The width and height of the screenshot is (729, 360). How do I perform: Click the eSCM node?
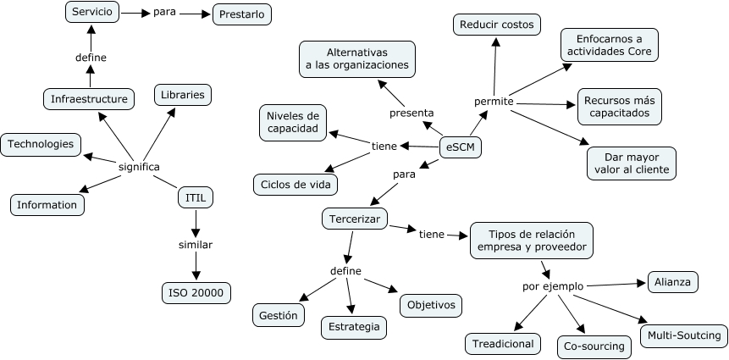pyautogui.click(x=461, y=148)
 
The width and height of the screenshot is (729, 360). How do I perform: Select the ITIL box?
pyautogui.click(x=196, y=198)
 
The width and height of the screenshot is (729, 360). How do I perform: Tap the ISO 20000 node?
pyautogui.click(x=196, y=293)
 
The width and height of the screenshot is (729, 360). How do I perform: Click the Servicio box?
pyautogui.click(x=92, y=13)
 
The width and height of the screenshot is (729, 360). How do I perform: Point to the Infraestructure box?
pyautogui.click(x=89, y=99)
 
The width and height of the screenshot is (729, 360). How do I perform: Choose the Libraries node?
pyautogui.click(x=182, y=95)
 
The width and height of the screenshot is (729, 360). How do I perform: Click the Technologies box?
pyautogui.click(x=41, y=144)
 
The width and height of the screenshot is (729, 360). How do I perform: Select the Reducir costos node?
pyautogui.click(x=496, y=25)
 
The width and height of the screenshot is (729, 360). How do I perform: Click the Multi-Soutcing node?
pyautogui.click(x=683, y=335)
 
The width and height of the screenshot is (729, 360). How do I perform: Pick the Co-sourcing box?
pyautogui.click(x=594, y=346)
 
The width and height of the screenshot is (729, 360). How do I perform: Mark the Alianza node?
pyautogui.click(x=673, y=282)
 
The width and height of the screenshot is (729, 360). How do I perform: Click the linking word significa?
pyautogui.click(x=139, y=166)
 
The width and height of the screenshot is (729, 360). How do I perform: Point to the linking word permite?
pyautogui.click(x=494, y=101)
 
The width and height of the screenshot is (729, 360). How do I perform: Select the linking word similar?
pyautogui.click(x=196, y=245)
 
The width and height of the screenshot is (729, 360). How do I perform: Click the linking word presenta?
pyautogui.click(x=411, y=113)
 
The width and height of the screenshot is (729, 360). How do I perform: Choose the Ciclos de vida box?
pyautogui.click(x=296, y=184)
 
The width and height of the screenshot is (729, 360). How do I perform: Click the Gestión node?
pyautogui.click(x=279, y=315)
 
